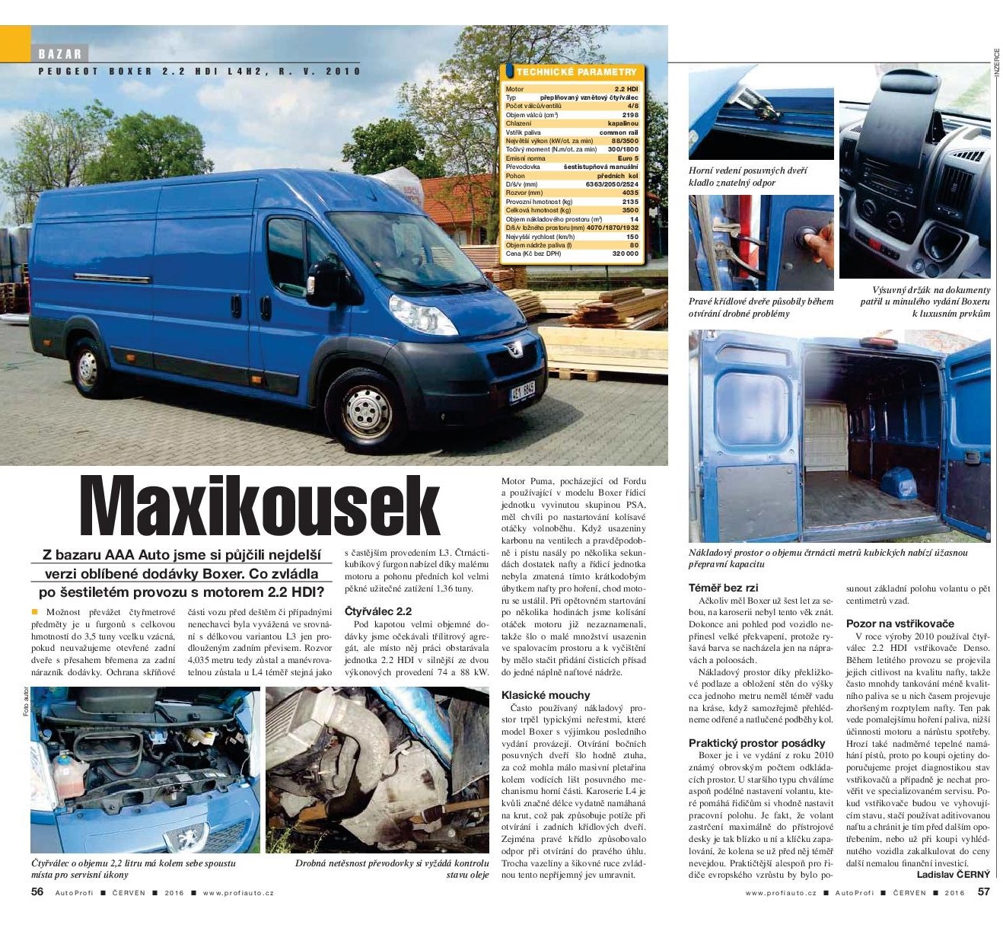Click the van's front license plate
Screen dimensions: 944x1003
[x=522, y=392]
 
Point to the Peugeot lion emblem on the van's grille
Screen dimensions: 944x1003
[x=515, y=348]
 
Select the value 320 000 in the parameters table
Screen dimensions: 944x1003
[x=625, y=254]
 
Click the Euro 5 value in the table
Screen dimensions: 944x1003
[x=628, y=158]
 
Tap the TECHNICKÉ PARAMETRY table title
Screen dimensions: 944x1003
[x=576, y=72]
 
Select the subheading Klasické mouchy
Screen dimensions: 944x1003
[x=546, y=695]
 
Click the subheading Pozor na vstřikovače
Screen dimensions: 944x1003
[x=900, y=623]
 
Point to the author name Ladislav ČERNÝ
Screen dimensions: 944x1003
[x=953, y=875]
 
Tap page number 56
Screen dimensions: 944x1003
[x=37, y=892]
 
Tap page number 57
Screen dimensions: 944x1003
[x=983, y=892]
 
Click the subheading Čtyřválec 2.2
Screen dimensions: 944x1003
[x=378, y=611]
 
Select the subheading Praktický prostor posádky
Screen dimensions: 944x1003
[x=756, y=743]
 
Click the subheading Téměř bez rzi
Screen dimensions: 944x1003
[x=723, y=588]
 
